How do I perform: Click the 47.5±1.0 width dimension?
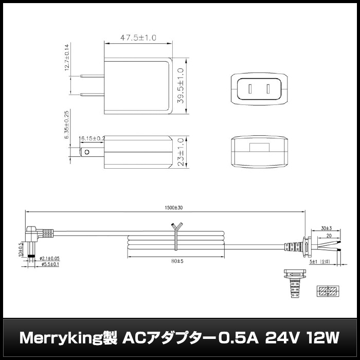tap(138, 38)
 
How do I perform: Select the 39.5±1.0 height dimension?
tap(181, 86)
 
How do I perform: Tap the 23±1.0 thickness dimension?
tap(181, 152)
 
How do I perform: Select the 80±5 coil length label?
tap(176, 261)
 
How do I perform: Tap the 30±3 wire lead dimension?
tap(326, 228)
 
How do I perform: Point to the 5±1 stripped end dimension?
tap(315, 261)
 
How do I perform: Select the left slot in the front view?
tap(250, 89)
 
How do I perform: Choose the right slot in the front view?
tap(268, 89)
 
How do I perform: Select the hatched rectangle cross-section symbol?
tap(328, 291)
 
